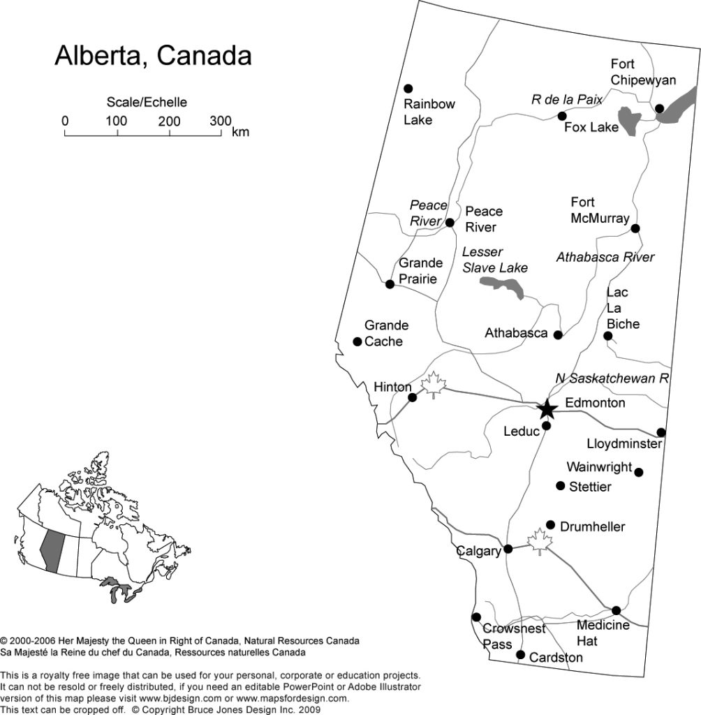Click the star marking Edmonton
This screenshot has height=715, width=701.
point(547,408)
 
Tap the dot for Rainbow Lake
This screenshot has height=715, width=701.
point(408,89)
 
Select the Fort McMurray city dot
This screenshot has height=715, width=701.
point(635,228)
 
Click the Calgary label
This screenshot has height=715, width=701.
point(479,552)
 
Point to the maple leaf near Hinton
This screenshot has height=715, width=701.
point(434,384)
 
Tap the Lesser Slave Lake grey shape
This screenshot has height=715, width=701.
point(503,286)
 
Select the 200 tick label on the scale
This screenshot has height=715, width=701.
point(169,121)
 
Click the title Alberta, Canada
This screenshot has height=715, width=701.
point(153,56)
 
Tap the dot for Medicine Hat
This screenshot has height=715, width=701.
point(616,610)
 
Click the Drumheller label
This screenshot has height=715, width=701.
point(593,526)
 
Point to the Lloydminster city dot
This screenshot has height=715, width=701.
point(661,432)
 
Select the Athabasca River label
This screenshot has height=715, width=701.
point(605,257)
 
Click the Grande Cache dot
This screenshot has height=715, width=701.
point(357,341)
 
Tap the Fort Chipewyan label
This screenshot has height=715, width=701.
point(643,72)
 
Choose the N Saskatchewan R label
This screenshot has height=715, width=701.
point(612,378)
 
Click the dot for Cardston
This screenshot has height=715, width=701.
point(520,654)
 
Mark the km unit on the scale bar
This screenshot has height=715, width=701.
point(241,132)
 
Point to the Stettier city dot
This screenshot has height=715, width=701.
point(560,485)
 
